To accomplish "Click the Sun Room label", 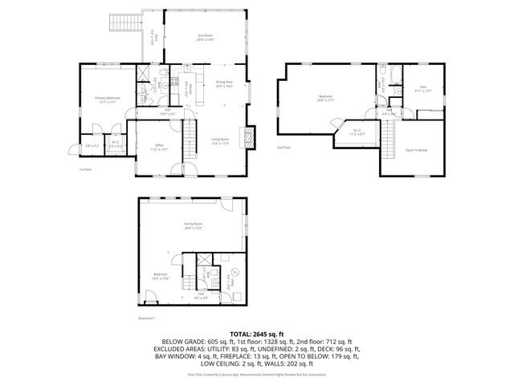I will [206, 37].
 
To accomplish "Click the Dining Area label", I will [224, 83].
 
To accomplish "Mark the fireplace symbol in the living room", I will [250, 136].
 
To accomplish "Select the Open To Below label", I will [416, 150].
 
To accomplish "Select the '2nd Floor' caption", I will [283, 148].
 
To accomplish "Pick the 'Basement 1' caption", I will [145, 317].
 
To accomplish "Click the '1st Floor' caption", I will [86, 169].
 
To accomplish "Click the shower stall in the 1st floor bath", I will [145, 77].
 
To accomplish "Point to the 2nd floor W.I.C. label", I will [357, 133].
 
